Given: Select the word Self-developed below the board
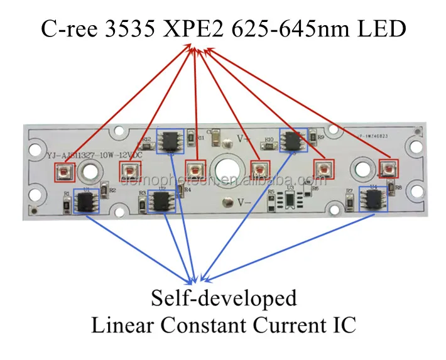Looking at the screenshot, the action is [x=223, y=298].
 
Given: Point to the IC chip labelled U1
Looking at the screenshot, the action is [x=85, y=202].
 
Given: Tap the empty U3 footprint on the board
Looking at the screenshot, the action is [x=290, y=200].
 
